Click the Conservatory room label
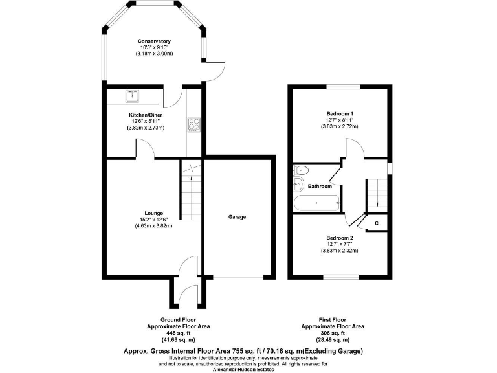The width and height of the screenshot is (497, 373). click(154, 41)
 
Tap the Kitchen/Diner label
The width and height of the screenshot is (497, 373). click(145, 115)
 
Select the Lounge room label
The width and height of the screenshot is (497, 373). click(154, 213)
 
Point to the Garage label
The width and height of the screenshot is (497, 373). click(237, 217)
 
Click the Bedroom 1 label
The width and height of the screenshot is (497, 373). click(340, 114)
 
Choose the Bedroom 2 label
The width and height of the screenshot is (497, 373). click(340, 238)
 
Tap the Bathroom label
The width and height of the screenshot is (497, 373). click(320, 186)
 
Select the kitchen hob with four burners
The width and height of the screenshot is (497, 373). click(193, 123)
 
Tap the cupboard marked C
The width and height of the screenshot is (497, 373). click(376, 223)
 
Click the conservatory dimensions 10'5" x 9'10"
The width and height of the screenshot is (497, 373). click(154, 47)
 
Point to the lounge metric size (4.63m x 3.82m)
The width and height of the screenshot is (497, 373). click(154, 225)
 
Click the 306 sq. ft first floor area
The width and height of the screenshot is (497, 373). click(333, 333)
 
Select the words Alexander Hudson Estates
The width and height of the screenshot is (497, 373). click(248, 369)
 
